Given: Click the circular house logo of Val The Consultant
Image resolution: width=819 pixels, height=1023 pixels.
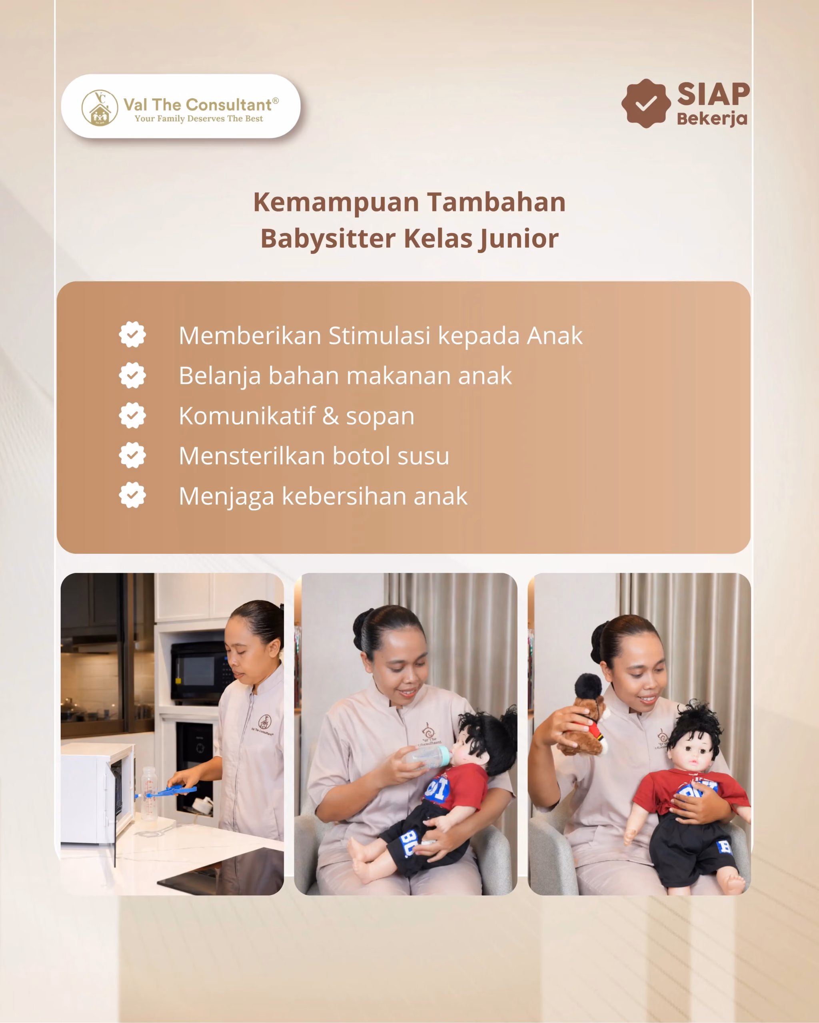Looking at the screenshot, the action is [100, 108].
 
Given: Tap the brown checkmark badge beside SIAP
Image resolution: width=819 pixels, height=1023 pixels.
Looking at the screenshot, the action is [646, 103].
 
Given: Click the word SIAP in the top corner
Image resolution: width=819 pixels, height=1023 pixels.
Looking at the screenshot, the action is [713, 94].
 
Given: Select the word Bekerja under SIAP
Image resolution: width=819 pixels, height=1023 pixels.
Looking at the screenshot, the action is [712, 119].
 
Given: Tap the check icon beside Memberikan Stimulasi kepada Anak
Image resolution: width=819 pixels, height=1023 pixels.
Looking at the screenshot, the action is [132, 334].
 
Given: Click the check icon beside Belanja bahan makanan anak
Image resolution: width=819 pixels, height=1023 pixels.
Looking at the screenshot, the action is [132, 375].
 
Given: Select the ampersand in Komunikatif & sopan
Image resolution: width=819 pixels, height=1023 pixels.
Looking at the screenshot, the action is [330, 416].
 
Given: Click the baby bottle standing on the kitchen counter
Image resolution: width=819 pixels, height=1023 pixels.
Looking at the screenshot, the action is [149, 793].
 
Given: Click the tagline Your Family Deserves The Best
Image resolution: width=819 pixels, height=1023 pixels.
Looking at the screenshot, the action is [198, 119].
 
